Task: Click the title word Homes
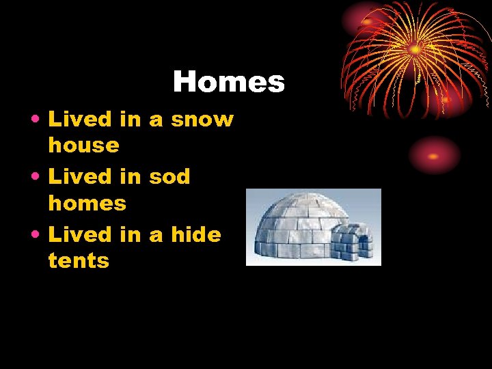(x=228, y=82)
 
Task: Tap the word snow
(x=202, y=120)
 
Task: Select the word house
(x=83, y=145)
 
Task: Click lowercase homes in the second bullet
(x=87, y=203)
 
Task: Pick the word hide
(x=196, y=234)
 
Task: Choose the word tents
(x=79, y=260)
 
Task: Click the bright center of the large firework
(x=414, y=49)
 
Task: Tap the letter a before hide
(x=156, y=236)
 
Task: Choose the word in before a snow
(x=130, y=120)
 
